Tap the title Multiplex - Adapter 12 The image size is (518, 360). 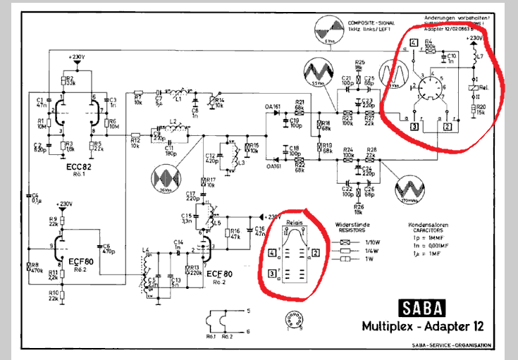point(421,326)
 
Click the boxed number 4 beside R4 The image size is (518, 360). point(412,44)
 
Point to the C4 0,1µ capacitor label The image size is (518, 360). point(35,198)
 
